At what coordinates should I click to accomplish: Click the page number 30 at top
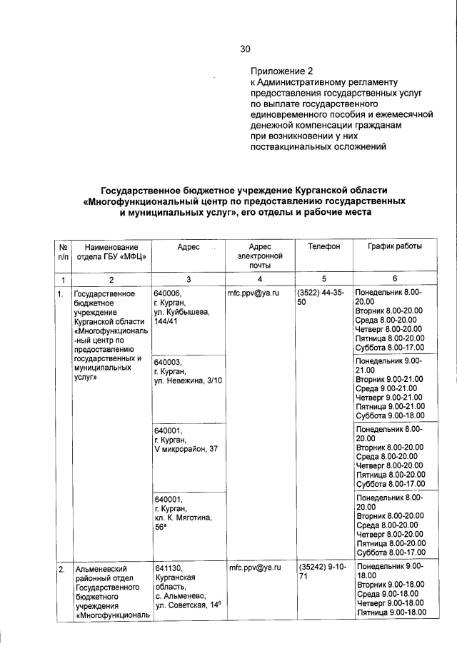[x=246, y=49]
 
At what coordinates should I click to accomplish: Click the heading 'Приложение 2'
[x=281, y=71]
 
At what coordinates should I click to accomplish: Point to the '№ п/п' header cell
[x=61, y=251]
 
